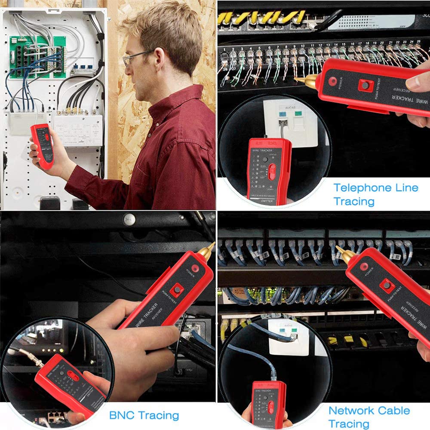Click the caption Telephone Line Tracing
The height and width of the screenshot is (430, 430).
click(375, 194)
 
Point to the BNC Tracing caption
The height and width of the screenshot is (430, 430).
click(144, 415)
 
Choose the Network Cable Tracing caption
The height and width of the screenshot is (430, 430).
click(369, 417)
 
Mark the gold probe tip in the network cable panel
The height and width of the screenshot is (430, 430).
click(344, 255)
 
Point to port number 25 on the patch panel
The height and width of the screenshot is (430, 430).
click(418, 42)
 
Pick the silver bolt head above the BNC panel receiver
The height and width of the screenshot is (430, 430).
click(129, 219)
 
